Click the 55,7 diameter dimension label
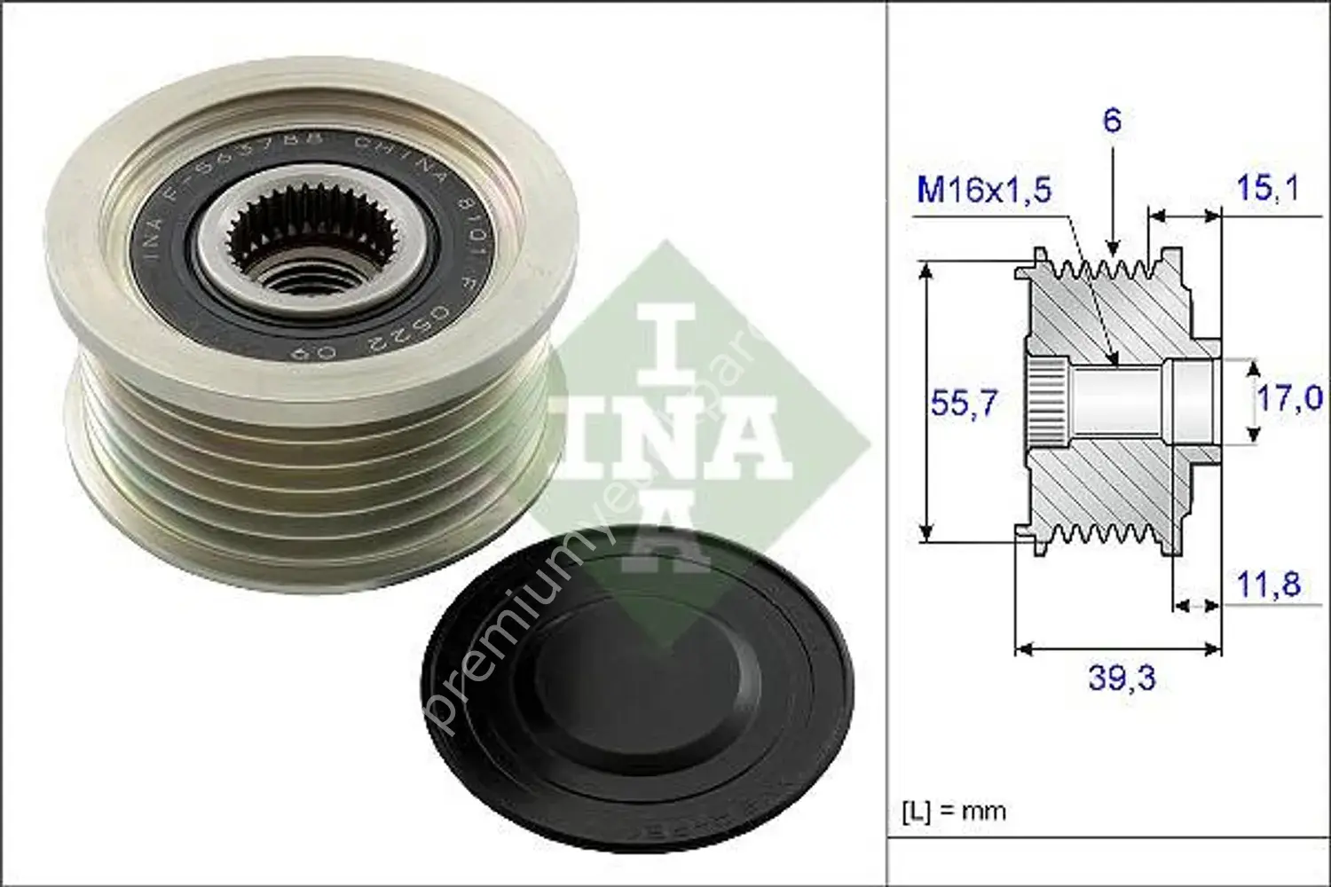point(964,404)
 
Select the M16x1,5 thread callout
point(983,189)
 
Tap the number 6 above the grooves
point(1112,120)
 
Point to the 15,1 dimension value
point(1267,188)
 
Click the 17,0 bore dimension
point(1289,398)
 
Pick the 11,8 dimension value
point(1268,584)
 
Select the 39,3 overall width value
point(1122,679)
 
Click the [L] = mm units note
point(954,810)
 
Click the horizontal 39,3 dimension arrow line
point(1118,649)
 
